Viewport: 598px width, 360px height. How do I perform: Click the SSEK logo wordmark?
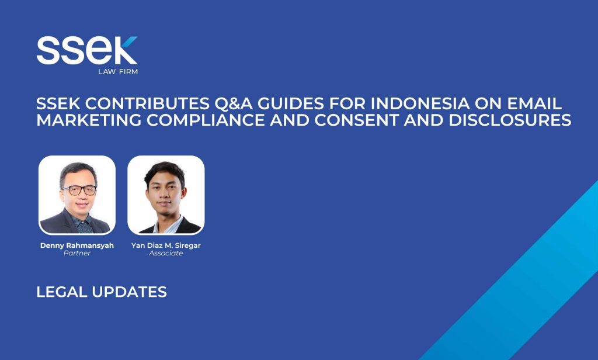87,50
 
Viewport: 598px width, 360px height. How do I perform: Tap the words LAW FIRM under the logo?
118,71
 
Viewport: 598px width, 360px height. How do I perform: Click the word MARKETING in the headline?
89,120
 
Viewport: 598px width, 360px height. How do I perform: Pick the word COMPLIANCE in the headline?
206,120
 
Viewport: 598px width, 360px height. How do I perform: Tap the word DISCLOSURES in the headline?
510,120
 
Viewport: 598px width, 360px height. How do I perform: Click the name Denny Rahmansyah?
77,245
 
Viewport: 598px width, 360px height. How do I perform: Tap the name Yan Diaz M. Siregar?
166,245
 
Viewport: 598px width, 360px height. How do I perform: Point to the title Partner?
77,253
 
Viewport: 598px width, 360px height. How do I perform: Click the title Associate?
166,253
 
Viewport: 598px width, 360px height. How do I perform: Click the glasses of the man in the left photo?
79,190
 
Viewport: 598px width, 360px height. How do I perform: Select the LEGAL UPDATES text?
102,292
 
